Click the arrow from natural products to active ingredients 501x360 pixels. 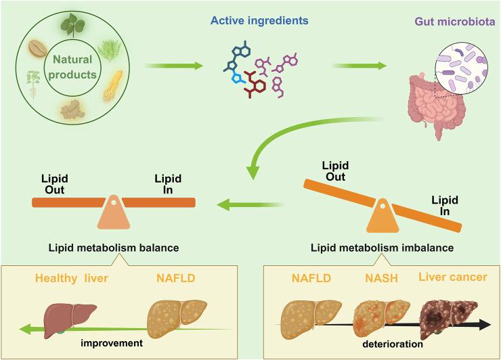[174, 66]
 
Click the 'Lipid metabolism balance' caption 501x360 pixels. [113, 248]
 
